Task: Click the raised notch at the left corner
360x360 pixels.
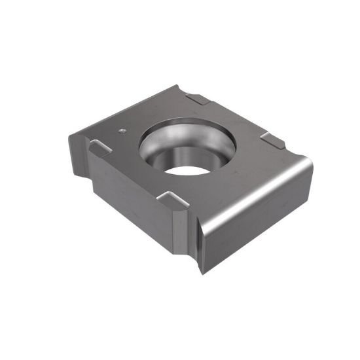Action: click(99, 148)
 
